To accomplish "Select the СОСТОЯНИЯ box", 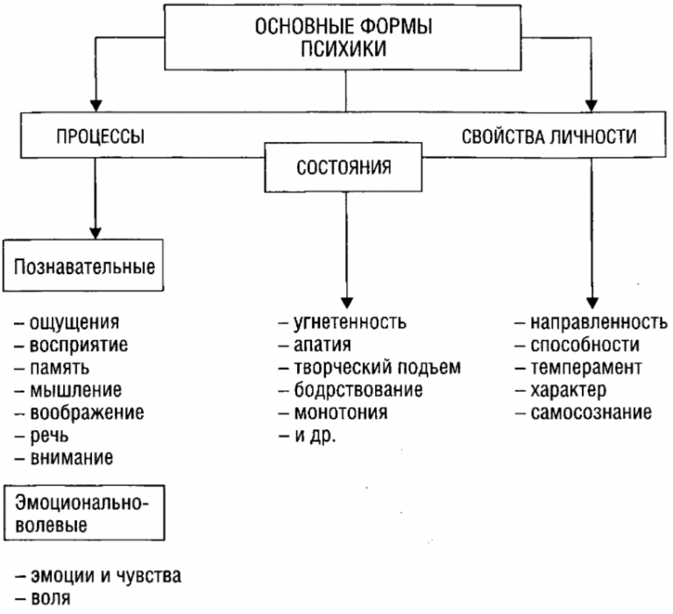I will click(x=343, y=166).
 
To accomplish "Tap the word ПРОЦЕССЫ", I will click(x=101, y=137).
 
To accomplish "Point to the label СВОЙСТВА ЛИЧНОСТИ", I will click(x=549, y=137).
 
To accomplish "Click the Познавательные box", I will click(x=85, y=265).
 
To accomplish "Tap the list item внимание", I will click(x=72, y=457).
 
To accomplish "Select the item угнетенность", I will click(x=348, y=321).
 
